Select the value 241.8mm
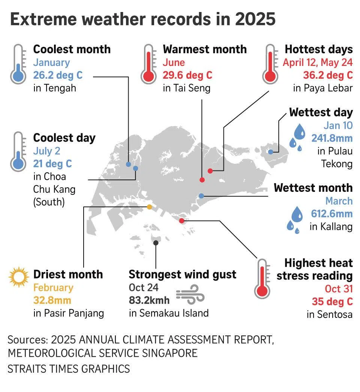pos(332,138)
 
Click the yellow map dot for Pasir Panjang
pos(149,207)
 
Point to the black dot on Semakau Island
pos(156,243)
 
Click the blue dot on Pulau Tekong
pos(271,152)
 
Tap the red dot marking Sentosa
pos(182,221)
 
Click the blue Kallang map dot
pos(201,196)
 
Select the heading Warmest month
pos(205,49)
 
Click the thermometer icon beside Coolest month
pos(18,64)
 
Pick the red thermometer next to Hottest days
pos(270,64)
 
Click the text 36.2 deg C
pos(328,75)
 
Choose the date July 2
pos(46,151)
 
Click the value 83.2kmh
pos(149,300)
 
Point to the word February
pos(53,287)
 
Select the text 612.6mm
pos(332,214)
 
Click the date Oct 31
pos(338,289)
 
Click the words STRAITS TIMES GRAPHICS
pos(69,368)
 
